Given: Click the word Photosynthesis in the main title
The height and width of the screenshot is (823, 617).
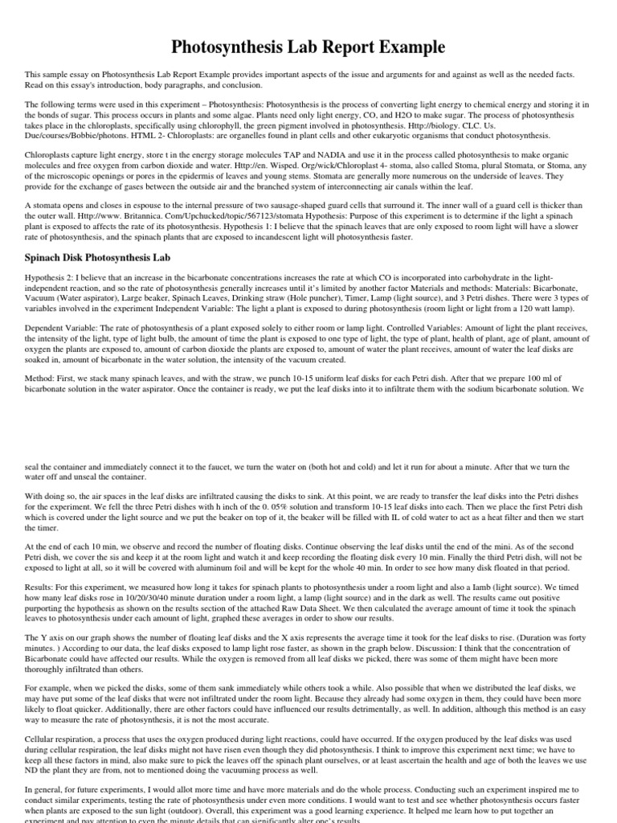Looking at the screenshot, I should pos(240,47).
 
